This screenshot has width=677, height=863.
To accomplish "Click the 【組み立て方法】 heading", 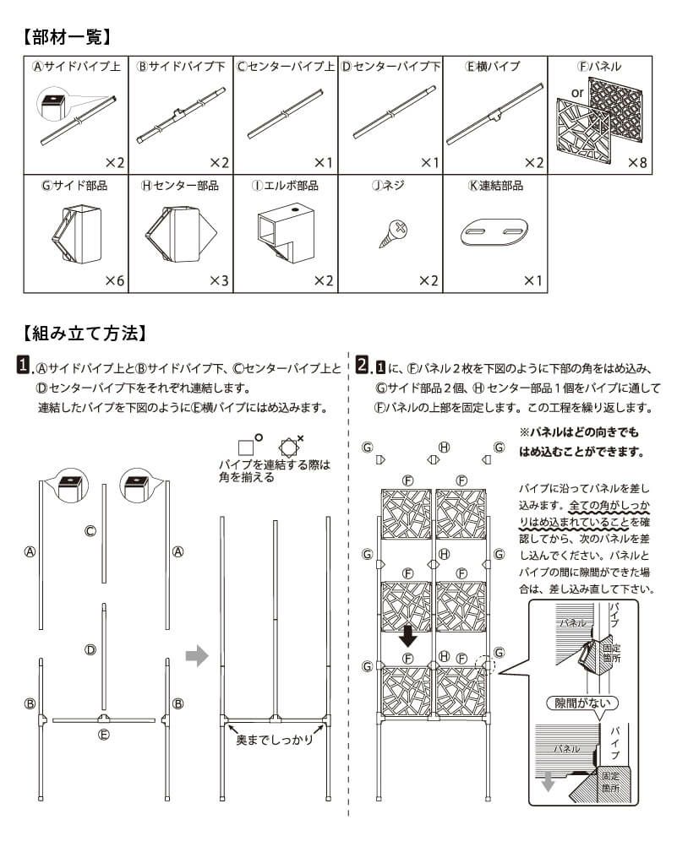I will pos(85,333).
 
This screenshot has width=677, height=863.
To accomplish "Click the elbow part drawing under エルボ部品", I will pos(285,230).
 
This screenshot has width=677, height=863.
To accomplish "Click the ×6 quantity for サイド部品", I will pos(114,280).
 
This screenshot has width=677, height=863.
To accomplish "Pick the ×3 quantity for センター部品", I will pos(219,280).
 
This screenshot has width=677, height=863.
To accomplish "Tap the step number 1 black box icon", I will pos(25,366).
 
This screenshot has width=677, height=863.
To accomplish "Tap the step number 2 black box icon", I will pos(363,366).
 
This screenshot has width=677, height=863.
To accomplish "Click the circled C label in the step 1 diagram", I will pos(90,531).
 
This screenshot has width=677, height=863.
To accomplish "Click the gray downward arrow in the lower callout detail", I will pos(548,782).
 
